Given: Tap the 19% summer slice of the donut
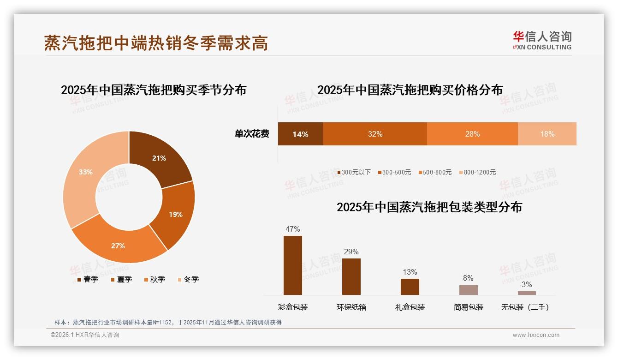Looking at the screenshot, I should click(x=175, y=214).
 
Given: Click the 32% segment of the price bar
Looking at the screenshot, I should click(x=375, y=134).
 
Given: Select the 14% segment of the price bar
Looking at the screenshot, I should click(x=300, y=134).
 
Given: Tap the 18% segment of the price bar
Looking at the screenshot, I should click(x=547, y=134).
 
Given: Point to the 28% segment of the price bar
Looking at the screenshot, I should click(x=472, y=134).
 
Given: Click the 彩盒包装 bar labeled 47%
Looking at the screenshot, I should click(x=292, y=265).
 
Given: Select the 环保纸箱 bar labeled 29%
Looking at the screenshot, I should click(x=351, y=276).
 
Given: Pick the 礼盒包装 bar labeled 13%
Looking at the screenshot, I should click(x=410, y=287).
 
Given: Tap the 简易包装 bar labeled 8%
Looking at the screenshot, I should click(x=468, y=290).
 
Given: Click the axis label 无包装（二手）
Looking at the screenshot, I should click(x=525, y=307).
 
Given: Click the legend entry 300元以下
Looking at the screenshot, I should click(x=354, y=172).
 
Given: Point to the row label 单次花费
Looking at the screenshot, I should click(x=252, y=134).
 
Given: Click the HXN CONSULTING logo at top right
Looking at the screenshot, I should click(x=542, y=41).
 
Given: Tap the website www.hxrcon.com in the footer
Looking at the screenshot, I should click(x=536, y=335).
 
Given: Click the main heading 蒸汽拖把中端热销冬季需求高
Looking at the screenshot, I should click(x=156, y=43).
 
